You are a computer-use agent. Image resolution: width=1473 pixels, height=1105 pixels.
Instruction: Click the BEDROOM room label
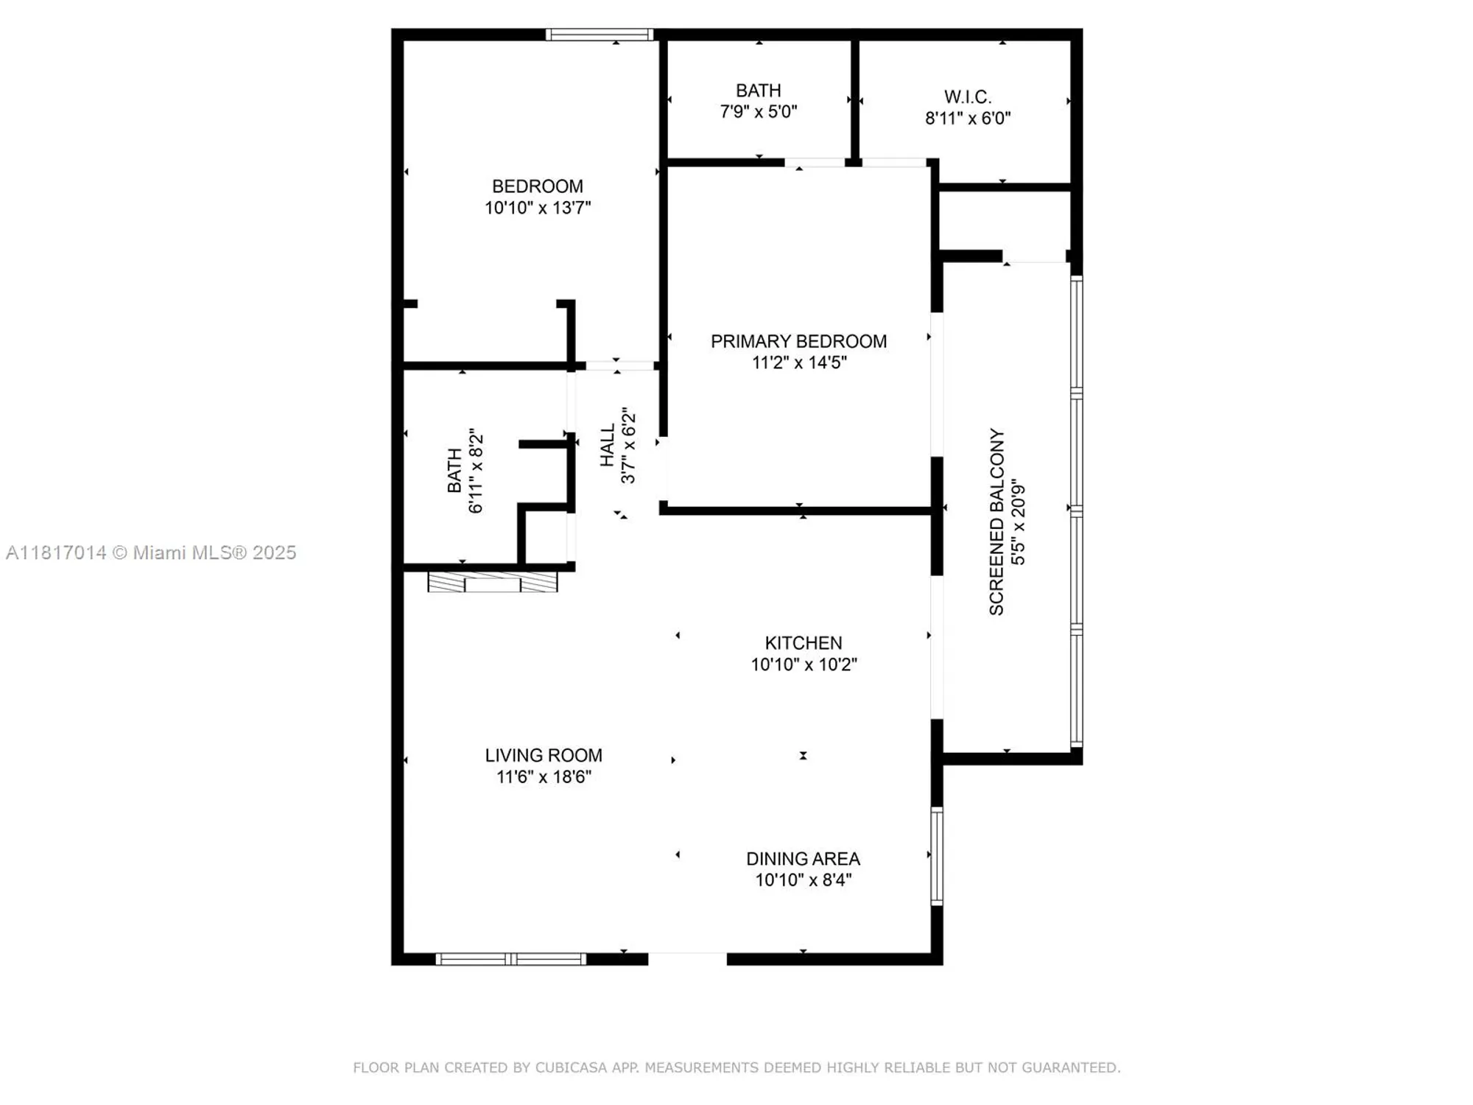(537, 186)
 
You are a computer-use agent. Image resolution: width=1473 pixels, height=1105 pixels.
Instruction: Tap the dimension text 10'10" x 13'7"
(537, 208)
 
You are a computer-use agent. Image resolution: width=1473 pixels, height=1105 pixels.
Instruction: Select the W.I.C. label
(967, 97)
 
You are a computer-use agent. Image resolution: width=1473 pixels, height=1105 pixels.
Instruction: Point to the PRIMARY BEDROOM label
(798, 341)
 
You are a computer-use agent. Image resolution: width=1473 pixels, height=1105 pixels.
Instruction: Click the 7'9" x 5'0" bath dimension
(758, 112)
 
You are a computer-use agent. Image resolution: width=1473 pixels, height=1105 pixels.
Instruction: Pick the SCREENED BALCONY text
(996, 522)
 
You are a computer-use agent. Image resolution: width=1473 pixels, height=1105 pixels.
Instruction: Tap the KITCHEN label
(803, 643)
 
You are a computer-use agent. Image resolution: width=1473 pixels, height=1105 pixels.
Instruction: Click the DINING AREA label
(803, 859)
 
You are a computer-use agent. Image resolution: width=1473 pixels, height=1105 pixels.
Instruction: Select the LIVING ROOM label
(544, 755)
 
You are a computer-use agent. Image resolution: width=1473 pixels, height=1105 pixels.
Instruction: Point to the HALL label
(608, 445)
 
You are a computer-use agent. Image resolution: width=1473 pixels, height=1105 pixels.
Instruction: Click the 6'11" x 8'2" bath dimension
(476, 471)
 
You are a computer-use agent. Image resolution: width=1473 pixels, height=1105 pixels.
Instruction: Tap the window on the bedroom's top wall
(599, 34)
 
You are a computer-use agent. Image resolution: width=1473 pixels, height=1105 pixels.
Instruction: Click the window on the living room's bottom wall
(510, 959)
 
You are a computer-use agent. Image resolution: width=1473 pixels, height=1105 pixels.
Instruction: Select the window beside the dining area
(936, 855)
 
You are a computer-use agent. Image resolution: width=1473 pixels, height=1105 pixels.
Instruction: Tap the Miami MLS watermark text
(151, 552)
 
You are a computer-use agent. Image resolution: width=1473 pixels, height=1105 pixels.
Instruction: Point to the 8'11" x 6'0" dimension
(967, 118)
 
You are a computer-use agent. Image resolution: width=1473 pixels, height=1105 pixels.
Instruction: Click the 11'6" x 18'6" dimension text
(544, 776)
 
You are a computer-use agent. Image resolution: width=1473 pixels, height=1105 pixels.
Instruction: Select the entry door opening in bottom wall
(687, 958)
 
